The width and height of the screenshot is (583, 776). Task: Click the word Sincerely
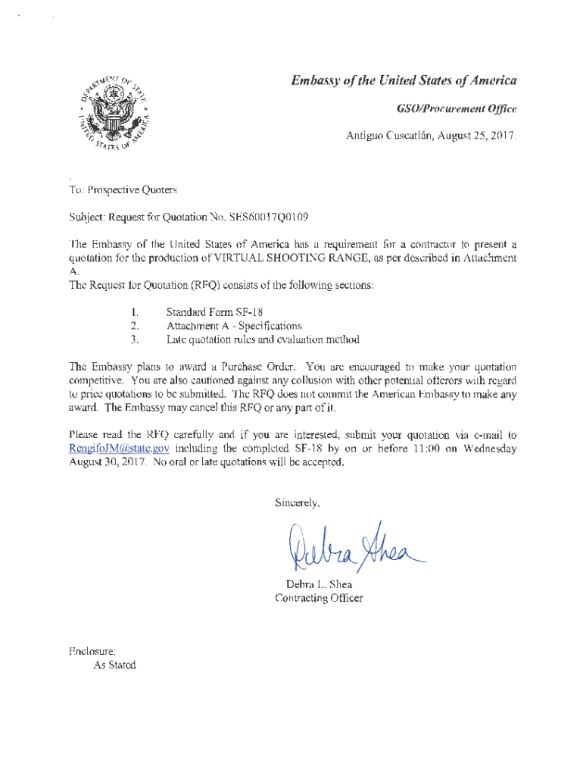pyautogui.click(x=297, y=502)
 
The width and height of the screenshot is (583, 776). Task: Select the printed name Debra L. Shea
pyautogui.click(x=319, y=584)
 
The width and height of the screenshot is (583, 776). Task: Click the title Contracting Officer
pyautogui.click(x=319, y=598)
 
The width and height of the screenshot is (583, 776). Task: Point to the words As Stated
pyautogui.click(x=114, y=665)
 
